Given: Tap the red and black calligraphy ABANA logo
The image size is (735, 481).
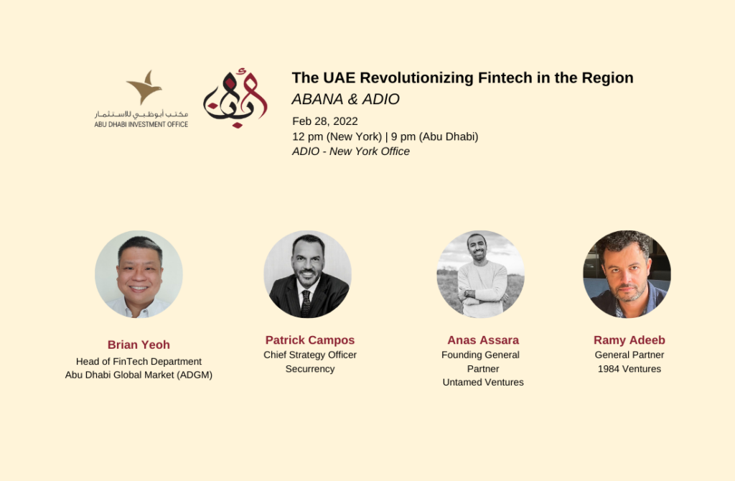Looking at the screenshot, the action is (x=235, y=98).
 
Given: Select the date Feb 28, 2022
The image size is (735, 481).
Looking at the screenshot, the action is (x=325, y=121).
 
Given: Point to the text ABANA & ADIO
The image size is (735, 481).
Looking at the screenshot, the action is (x=345, y=99).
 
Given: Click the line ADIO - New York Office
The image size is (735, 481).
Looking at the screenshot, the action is (x=350, y=151).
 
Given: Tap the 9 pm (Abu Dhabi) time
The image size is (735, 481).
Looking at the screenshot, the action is (x=434, y=136).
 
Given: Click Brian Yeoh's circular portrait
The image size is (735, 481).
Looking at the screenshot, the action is (x=139, y=274).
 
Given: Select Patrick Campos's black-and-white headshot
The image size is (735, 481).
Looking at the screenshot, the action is (x=307, y=274).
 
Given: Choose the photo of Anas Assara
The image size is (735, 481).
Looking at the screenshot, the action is (x=480, y=274).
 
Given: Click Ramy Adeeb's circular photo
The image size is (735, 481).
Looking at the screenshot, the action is (x=627, y=274).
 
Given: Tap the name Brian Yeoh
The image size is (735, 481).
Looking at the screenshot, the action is (x=139, y=345).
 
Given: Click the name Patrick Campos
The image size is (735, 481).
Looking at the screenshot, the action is (x=310, y=340).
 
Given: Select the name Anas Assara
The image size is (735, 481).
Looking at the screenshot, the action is (x=483, y=340).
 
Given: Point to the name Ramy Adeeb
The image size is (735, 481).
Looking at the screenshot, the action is (x=629, y=340).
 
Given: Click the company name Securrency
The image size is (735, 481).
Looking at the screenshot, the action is (x=310, y=369).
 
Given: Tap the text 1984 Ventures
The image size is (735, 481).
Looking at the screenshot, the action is (x=629, y=369).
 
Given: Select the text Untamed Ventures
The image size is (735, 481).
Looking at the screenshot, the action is (x=483, y=382).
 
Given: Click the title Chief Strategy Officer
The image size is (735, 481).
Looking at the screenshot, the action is (x=310, y=355).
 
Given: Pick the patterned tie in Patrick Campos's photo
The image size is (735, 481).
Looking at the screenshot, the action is (x=306, y=303).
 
